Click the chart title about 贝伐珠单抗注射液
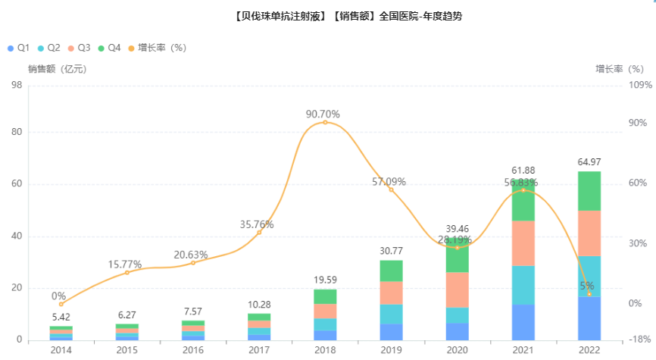click(327, 16)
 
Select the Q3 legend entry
click(79, 48)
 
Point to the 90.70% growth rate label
click(323, 114)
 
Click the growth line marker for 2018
click(325, 122)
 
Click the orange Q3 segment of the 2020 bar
click(457, 290)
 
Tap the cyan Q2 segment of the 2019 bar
click(391, 314)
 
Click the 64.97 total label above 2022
click(589, 162)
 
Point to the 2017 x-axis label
click(258, 350)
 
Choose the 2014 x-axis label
click(61, 350)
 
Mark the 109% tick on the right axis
click(640, 85)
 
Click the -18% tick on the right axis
click(639, 340)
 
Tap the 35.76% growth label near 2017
click(257, 224)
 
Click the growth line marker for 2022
click(589, 294)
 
